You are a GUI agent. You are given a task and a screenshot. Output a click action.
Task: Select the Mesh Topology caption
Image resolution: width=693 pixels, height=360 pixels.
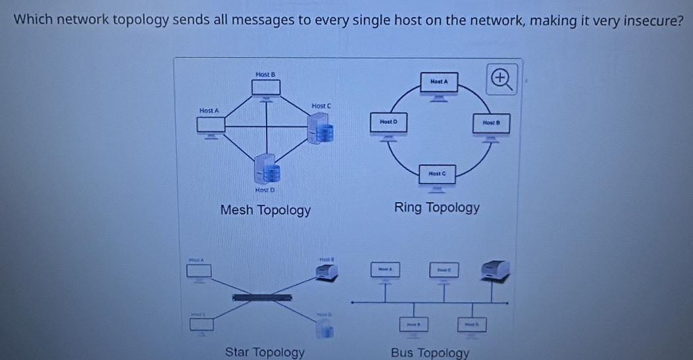click(x=265, y=211)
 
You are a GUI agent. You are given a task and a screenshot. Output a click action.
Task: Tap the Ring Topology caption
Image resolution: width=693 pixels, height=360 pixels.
click(x=436, y=208)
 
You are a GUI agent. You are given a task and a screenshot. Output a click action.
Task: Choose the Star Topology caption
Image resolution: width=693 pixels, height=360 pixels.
click(x=265, y=352)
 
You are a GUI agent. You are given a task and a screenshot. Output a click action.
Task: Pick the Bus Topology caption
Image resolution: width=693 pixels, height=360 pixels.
click(x=430, y=353)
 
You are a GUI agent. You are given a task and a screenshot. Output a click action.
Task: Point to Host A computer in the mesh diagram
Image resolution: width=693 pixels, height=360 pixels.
click(x=211, y=125)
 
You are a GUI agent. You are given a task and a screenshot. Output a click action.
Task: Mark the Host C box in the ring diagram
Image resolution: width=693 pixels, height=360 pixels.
click(x=438, y=174)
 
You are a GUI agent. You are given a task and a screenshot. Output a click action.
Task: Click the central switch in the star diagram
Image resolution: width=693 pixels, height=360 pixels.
click(x=262, y=298)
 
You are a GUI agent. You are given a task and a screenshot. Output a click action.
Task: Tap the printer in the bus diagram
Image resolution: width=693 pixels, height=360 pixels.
click(x=494, y=270)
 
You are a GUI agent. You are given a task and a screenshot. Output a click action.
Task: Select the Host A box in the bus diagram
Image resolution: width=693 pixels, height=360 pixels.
click(x=385, y=270)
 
